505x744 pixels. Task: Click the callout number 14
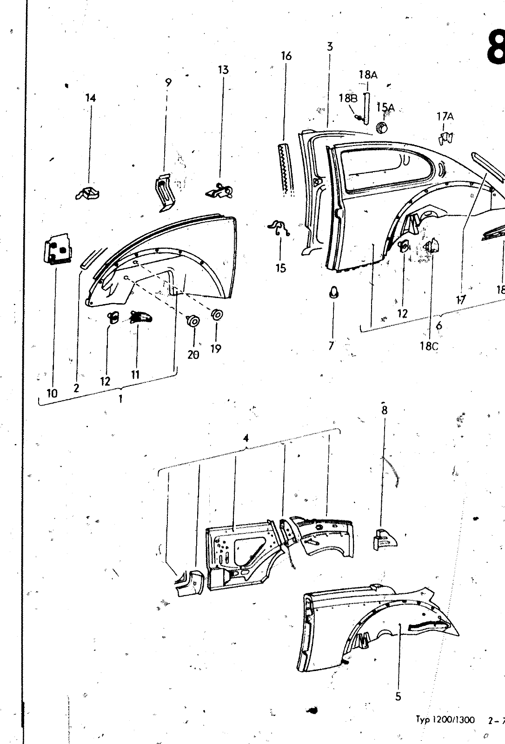(91, 98)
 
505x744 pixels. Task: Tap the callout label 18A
(367, 74)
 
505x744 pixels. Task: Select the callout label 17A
(445, 117)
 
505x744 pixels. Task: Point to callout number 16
(286, 56)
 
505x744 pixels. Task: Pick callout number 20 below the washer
(193, 354)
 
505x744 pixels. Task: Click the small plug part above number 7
(333, 292)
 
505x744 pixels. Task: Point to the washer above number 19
(216, 315)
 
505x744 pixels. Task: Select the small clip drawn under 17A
(446, 138)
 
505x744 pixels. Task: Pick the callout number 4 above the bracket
(246, 438)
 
